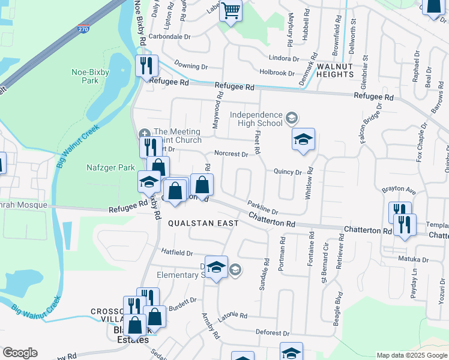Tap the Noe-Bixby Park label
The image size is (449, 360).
click(85, 76)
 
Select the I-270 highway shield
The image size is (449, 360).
click(84, 28)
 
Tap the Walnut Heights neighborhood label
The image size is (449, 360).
click(335, 70)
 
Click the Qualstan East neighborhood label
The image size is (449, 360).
click(203, 223)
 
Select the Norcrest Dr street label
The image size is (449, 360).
click(231, 154)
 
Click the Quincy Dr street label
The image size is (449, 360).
click(288, 172)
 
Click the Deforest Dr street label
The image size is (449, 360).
click(273, 332)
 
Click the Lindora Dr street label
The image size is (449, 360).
click(284, 59)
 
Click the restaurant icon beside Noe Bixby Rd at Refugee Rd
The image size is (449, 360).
click(146, 65)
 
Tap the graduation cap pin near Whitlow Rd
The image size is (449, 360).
click(304, 140)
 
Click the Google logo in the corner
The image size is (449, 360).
click(20, 353)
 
